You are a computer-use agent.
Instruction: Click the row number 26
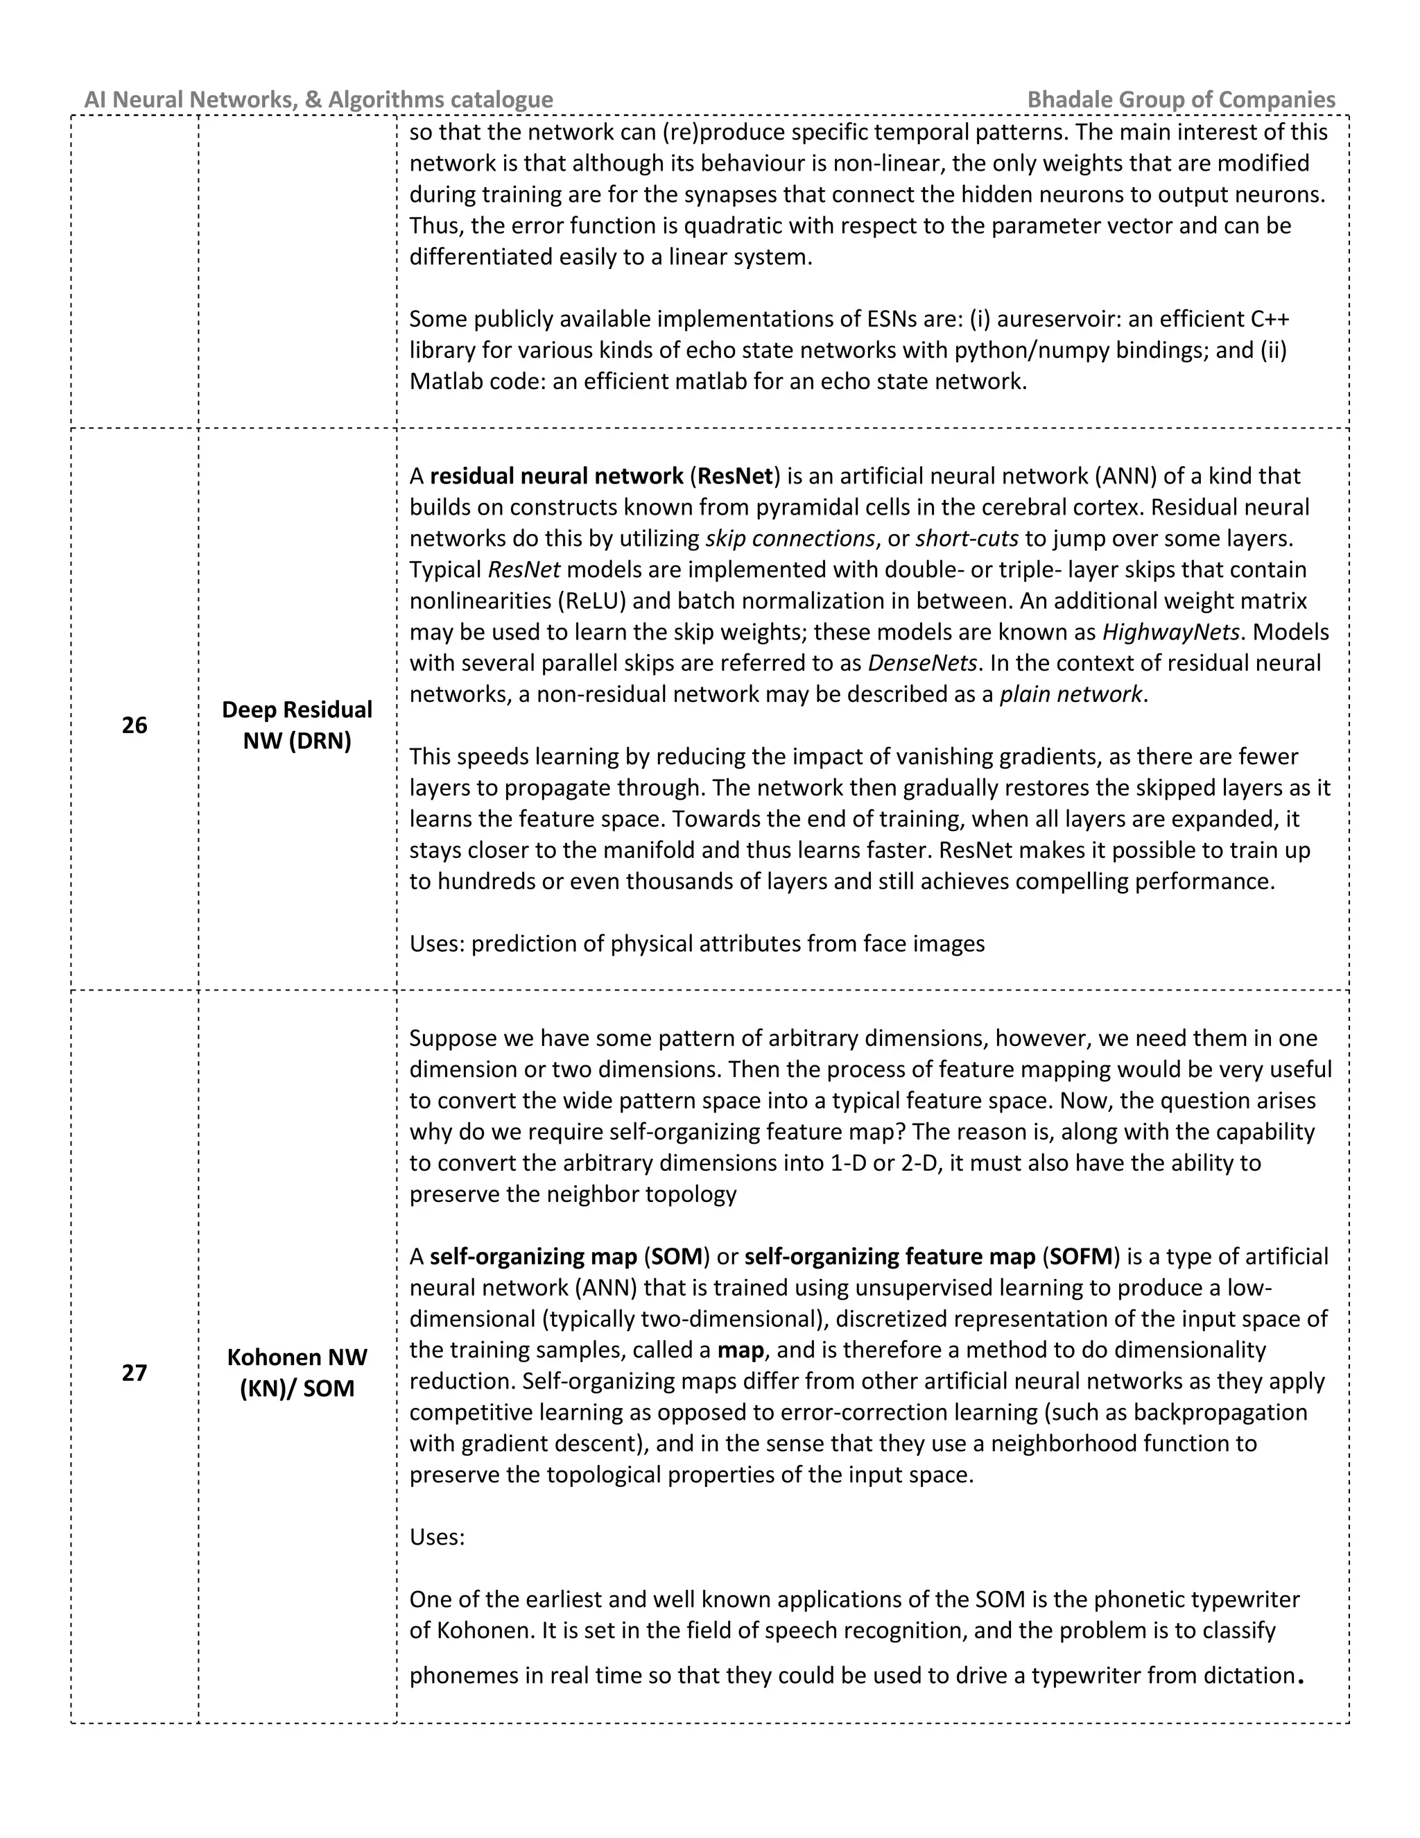tap(135, 725)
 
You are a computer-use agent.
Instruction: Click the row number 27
tap(135, 1373)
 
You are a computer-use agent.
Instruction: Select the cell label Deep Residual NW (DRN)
tap(297, 725)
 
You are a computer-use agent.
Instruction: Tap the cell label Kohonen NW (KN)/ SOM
tap(297, 1373)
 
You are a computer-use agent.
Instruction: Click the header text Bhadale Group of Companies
tap(1181, 99)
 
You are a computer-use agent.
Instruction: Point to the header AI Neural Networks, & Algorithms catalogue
tap(319, 99)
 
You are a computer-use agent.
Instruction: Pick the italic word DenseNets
tap(922, 663)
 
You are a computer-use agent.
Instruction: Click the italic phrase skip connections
tap(790, 539)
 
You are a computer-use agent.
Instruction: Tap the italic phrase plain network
tap(1071, 694)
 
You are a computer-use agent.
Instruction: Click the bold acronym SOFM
tap(1081, 1257)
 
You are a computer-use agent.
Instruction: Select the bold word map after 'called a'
tap(741, 1350)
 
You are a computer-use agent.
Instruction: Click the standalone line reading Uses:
tap(437, 1538)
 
